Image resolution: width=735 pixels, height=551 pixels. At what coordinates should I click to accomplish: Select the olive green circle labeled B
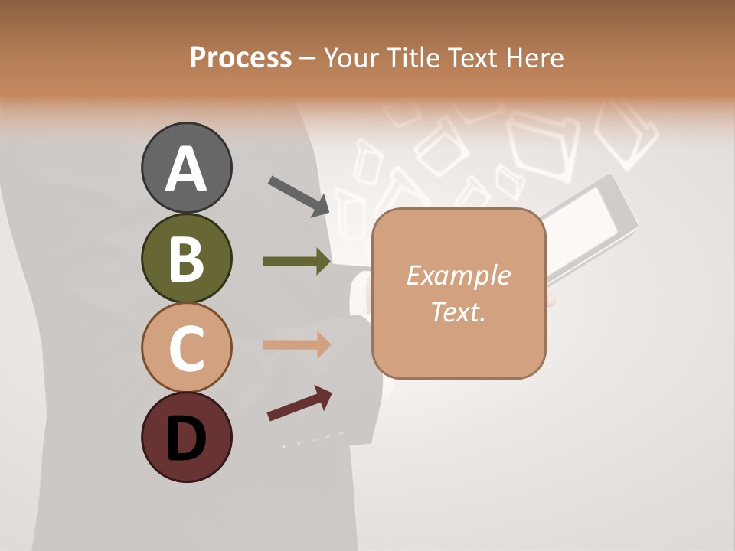tap(186, 259)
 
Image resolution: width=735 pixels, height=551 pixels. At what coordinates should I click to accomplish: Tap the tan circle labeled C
tap(186, 347)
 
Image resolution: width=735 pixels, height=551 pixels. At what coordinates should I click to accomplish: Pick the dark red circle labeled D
tap(186, 438)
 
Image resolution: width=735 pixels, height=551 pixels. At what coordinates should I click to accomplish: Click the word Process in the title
tap(240, 58)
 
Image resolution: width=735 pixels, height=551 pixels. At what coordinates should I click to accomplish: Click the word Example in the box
tap(458, 275)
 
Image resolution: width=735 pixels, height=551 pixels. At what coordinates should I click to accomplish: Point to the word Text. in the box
tap(458, 311)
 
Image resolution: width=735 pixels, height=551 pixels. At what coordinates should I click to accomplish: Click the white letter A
tap(186, 170)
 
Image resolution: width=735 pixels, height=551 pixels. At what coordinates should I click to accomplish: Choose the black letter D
tap(186, 439)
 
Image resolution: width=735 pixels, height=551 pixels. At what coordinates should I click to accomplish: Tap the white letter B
tap(186, 260)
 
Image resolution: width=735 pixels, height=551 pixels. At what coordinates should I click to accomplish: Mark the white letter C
tap(186, 349)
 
